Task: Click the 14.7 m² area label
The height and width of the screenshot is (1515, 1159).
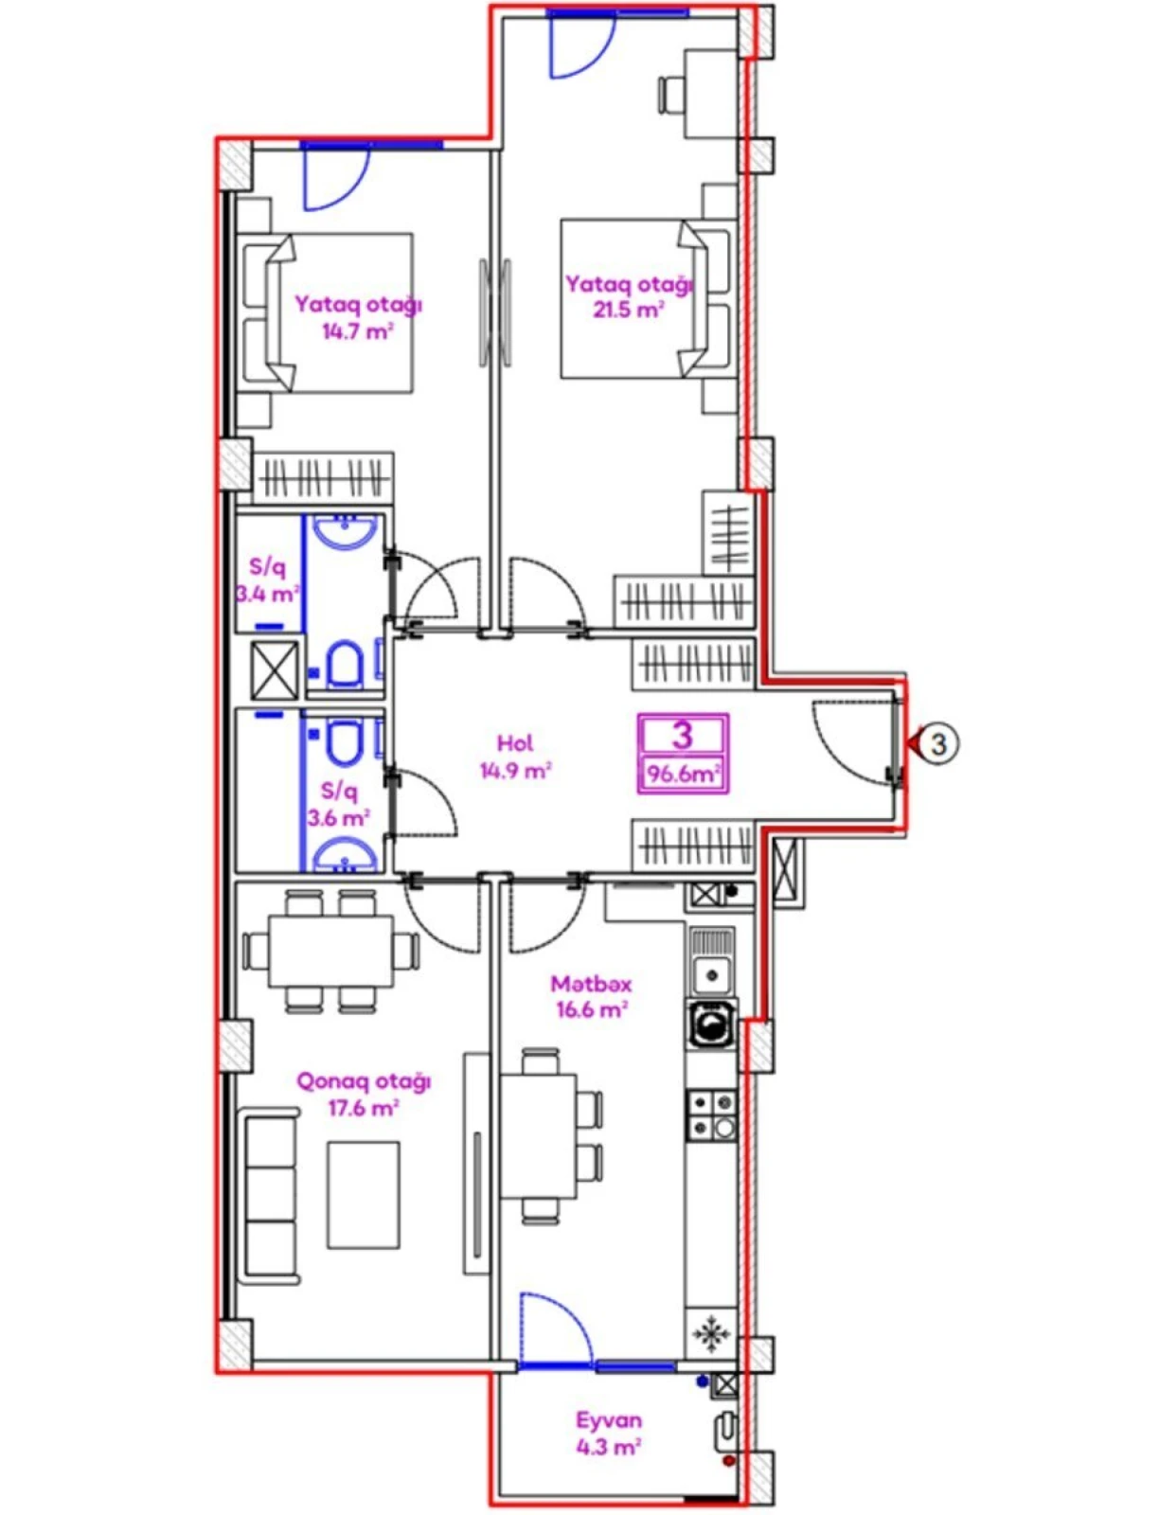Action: click(357, 331)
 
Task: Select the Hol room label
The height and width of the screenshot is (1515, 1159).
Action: click(514, 743)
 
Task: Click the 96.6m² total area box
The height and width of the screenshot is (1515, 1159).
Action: click(683, 774)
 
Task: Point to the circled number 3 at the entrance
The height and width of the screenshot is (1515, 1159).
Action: click(937, 743)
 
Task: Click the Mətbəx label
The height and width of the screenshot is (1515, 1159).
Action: click(591, 984)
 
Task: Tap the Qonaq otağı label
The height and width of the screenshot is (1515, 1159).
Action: click(364, 1080)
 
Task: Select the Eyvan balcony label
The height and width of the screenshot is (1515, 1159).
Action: click(609, 1420)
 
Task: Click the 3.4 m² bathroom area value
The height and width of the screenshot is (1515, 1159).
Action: click(267, 595)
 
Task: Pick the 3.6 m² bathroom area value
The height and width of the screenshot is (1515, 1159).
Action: click(337, 817)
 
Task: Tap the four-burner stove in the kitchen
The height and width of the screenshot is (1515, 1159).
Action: click(711, 1114)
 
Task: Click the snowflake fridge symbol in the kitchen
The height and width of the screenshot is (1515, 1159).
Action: click(710, 1334)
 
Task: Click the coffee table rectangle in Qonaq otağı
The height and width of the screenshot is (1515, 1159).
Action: click(364, 1195)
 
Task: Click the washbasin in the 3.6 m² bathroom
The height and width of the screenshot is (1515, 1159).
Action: click(344, 858)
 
